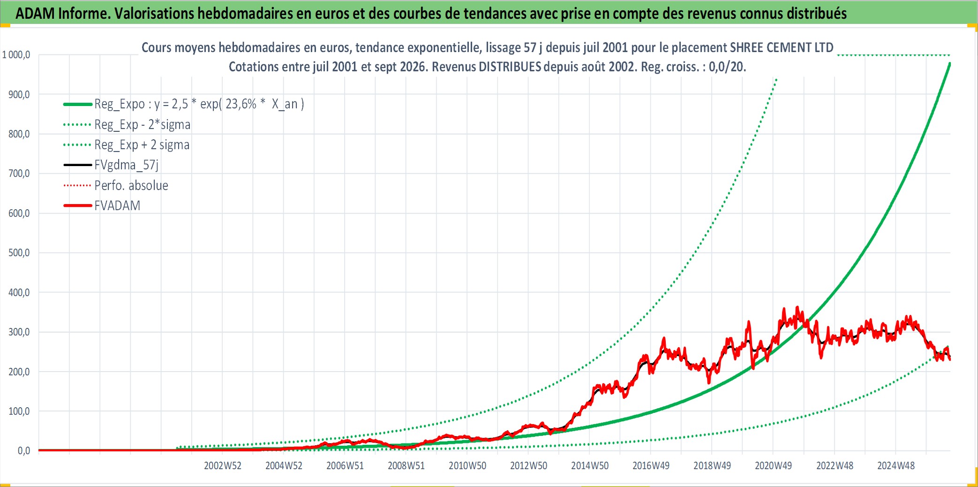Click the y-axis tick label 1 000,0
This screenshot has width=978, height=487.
click(x=16, y=55)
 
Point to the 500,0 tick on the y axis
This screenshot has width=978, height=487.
click(x=19, y=253)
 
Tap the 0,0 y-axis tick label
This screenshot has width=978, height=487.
click(x=24, y=451)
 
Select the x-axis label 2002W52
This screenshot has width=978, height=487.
click(x=223, y=466)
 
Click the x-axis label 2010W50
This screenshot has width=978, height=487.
click(x=467, y=466)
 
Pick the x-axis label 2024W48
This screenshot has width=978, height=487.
click(x=896, y=466)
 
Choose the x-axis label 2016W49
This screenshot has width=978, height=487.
click(x=651, y=466)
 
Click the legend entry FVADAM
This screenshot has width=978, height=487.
click(x=117, y=205)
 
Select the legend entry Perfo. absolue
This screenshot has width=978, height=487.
click(x=131, y=185)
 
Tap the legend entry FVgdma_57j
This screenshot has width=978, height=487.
click(x=127, y=165)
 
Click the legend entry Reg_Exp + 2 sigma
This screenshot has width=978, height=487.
click(x=142, y=145)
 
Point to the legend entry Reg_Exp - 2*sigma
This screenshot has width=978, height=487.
click(x=143, y=125)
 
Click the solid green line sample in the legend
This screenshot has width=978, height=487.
click(x=78, y=104)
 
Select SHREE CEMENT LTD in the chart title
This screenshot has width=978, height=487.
click(x=782, y=48)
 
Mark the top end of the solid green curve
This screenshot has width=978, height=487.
click(x=950, y=63)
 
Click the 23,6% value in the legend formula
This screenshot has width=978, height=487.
click(x=241, y=104)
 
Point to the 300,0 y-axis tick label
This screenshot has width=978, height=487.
click(x=19, y=332)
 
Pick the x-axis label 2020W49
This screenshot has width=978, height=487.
click(x=773, y=466)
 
